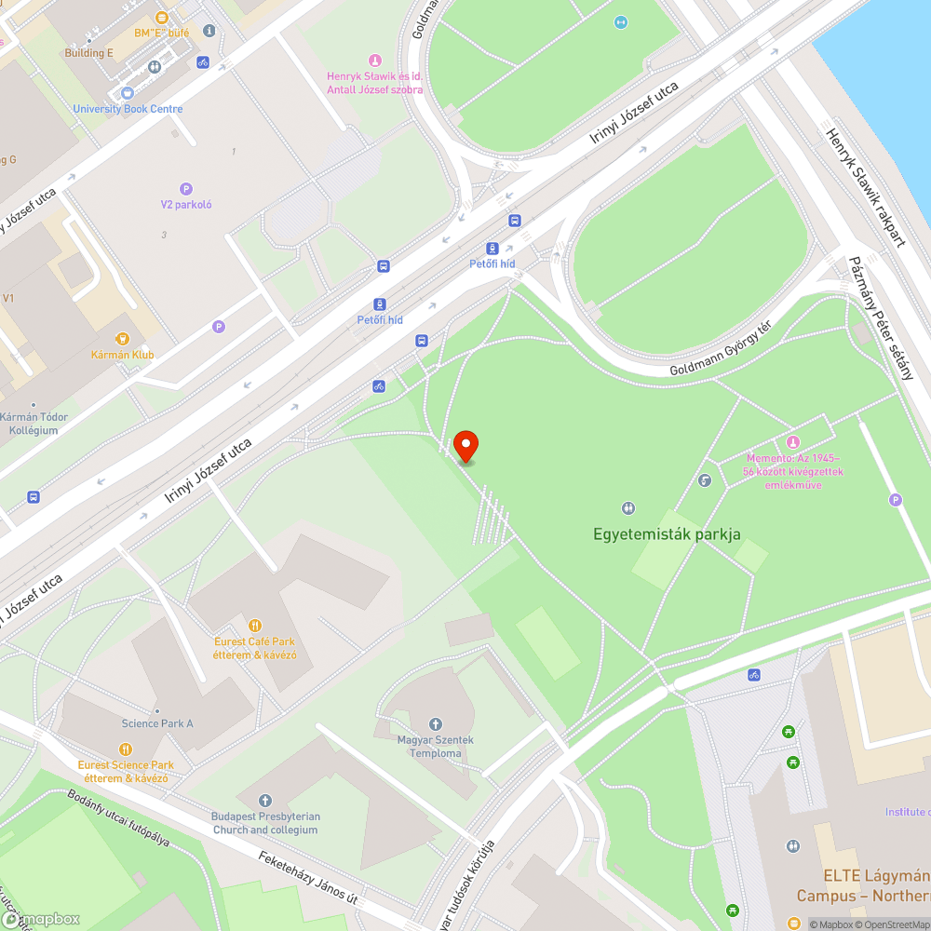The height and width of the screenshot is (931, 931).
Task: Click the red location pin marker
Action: pyautogui.click(x=465, y=445)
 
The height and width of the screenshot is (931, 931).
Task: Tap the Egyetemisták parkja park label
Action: pyautogui.click(x=667, y=534)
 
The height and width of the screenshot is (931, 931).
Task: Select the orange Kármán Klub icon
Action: pyautogui.click(x=122, y=339)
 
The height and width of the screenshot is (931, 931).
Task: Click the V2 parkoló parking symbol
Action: pyautogui.click(x=186, y=189)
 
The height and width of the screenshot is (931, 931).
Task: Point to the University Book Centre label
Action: pyautogui.click(x=128, y=109)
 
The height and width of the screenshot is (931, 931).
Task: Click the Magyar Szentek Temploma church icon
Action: pyautogui.click(x=435, y=724)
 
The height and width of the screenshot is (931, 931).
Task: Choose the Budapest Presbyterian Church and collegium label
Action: pyautogui.click(x=265, y=823)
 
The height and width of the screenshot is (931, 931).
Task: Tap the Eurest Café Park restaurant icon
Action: pyautogui.click(x=254, y=626)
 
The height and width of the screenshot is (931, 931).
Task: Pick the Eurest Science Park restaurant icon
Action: pyautogui.click(x=126, y=749)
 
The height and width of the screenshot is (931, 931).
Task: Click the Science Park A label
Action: pyautogui.click(x=157, y=723)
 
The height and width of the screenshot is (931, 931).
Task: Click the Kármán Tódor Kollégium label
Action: pyautogui.click(x=34, y=424)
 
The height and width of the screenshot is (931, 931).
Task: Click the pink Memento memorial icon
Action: pyautogui.click(x=792, y=441)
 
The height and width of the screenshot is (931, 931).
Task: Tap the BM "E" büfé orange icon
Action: pyautogui.click(x=161, y=18)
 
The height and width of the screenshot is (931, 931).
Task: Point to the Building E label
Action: pyautogui.click(x=88, y=53)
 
